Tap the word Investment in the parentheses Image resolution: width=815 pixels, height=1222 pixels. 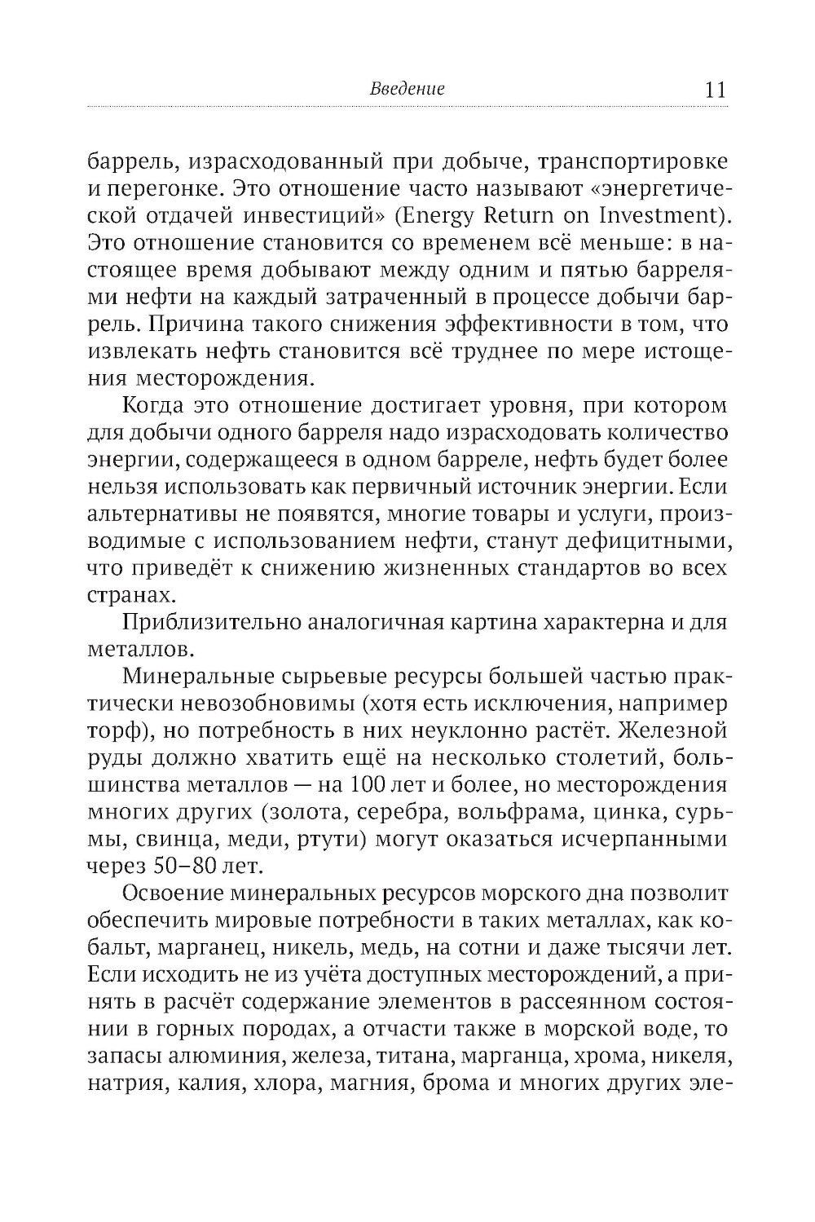659,193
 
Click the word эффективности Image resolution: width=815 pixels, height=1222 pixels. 529,325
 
